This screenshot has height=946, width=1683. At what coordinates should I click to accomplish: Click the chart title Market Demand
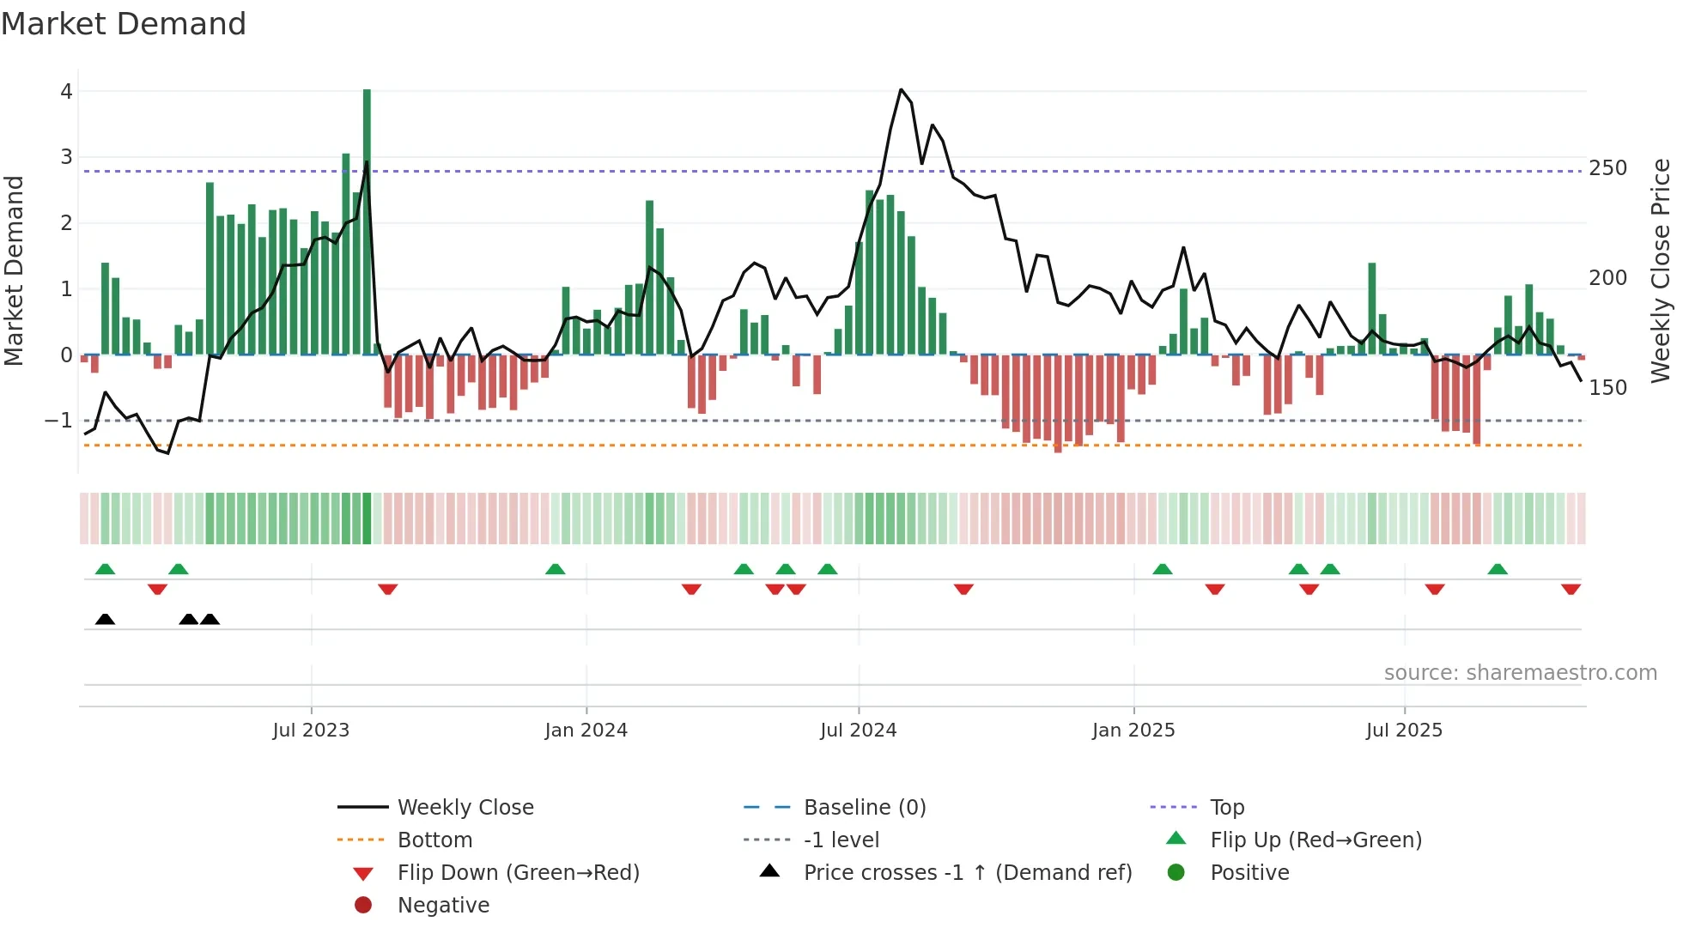pos(124,24)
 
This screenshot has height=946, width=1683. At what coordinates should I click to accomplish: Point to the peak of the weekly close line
pos(901,89)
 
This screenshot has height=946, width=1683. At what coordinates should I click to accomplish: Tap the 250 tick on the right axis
pos(1607,168)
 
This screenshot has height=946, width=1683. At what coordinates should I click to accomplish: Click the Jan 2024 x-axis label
pos(586,731)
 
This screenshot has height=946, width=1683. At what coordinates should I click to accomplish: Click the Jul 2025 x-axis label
pos(1404,731)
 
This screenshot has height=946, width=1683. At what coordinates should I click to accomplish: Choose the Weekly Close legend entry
pos(465,808)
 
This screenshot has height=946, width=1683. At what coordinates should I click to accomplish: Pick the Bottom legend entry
pos(434,840)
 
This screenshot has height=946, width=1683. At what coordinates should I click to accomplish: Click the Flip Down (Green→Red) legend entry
pos(518,873)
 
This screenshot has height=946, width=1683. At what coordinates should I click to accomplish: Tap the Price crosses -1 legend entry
pos(967,873)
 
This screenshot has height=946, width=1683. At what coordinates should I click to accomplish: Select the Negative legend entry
pos(443,906)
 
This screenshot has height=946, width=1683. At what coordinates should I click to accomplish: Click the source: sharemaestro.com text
pos(1520,673)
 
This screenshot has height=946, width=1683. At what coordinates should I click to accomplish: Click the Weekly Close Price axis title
pos(1661,270)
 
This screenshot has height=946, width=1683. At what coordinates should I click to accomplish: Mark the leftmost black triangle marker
pos(105,619)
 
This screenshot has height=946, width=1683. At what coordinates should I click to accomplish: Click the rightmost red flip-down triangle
pos(1571,589)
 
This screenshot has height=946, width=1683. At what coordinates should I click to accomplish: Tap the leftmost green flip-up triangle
pos(105,569)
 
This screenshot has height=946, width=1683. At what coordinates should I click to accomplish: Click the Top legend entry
pos(1227,808)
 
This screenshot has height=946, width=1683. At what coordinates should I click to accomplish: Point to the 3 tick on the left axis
pos(66,157)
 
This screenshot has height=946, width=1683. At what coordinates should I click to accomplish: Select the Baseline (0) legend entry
pos(864,808)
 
